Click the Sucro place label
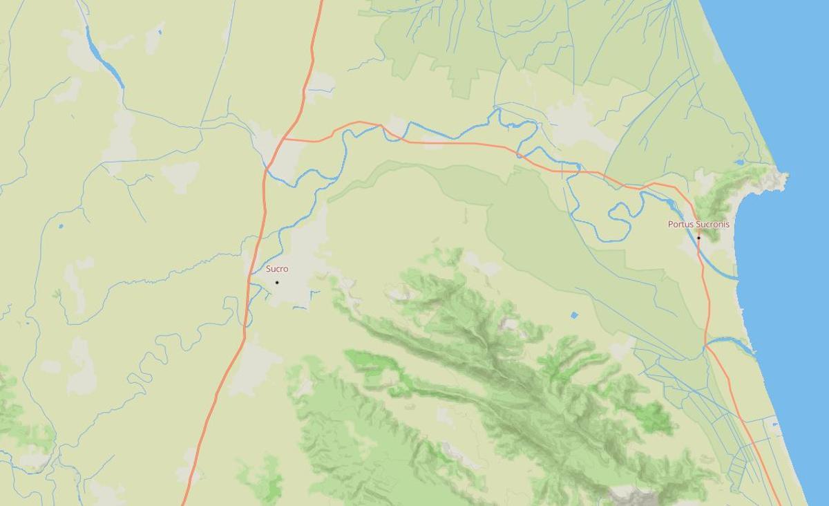coord(277,269)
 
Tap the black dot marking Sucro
coord(277,282)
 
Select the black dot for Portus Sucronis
coord(698,238)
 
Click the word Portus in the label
coord(680,225)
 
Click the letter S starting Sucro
coord(269,269)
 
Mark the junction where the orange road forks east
coord(284,139)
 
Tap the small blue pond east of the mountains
coord(575,315)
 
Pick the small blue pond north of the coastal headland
coord(740,162)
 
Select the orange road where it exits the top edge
coord(321,2)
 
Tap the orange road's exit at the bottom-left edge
coord(184,503)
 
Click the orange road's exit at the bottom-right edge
coord(779,503)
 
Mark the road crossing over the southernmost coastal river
coord(705,345)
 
